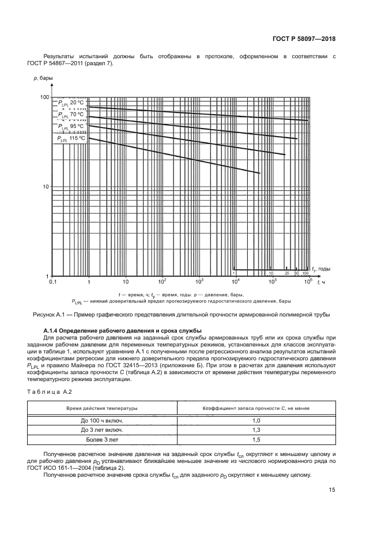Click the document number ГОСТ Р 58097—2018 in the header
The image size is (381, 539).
point(303,39)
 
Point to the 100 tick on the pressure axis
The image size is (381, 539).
point(44,97)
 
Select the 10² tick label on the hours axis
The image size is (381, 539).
point(162,282)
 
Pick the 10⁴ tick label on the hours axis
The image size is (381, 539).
point(235,282)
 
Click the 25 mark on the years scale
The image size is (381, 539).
point(286,273)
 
